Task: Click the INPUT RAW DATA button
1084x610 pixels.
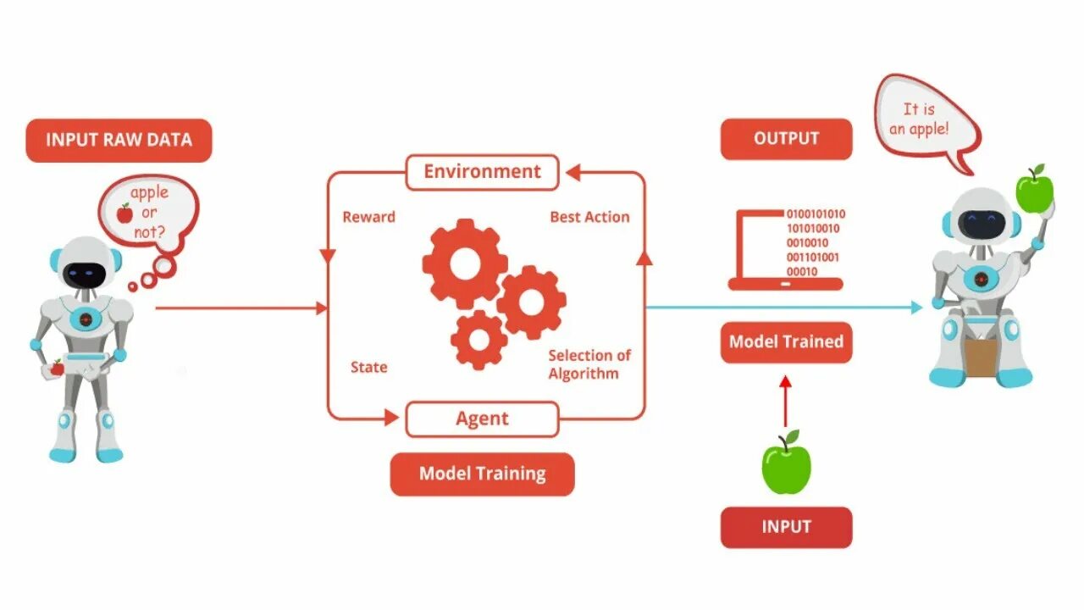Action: pos(119,140)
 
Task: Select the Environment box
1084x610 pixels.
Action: pos(482,172)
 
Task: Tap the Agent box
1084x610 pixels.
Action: pos(482,419)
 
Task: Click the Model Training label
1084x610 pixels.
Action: pos(482,474)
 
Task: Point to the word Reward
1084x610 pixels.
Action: pos(368,217)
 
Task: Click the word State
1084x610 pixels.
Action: pos(368,367)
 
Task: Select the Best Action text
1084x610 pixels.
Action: pos(589,217)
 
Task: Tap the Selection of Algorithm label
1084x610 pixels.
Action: pos(589,364)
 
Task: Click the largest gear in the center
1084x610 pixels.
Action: pos(464,263)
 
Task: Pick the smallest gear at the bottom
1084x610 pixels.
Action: pos(479,340)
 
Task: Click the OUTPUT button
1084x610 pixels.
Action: pos(786,138)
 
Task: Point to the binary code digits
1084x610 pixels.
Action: pos(815,242)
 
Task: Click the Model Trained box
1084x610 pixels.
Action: pos(786,341)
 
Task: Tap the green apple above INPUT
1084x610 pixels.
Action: pos(786,464)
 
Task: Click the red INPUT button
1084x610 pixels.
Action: pos(786,526)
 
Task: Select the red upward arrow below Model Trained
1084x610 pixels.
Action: pos(786,401)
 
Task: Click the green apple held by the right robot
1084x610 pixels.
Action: pos(1032,191)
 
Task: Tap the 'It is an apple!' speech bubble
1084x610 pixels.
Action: pos(926,119)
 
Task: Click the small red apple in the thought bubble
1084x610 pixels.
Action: pos(124,213)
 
